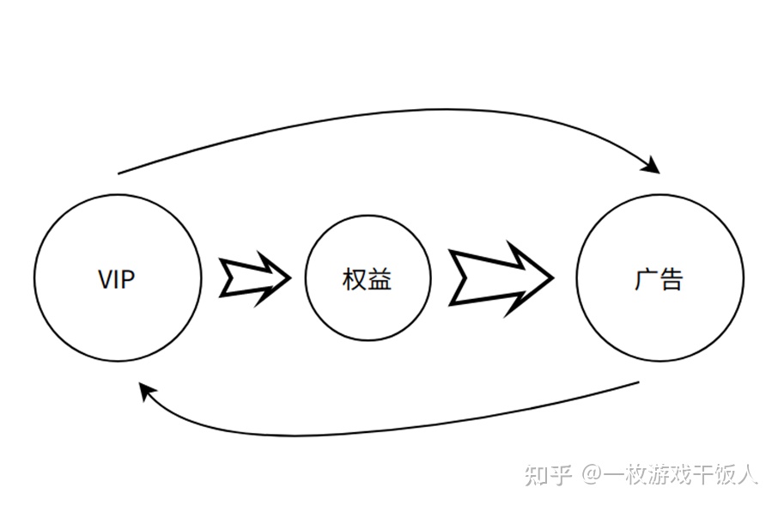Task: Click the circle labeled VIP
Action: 119,278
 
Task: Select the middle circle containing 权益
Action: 368,278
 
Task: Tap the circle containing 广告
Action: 659,278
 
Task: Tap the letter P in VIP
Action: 130,279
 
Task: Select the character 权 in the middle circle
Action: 355,279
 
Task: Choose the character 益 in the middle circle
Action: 380,279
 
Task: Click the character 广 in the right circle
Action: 647,279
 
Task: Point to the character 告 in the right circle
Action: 672,279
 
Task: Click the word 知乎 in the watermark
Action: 548,473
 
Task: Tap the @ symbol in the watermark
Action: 591,474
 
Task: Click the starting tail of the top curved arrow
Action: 120,174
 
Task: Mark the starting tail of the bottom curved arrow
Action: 637,383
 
